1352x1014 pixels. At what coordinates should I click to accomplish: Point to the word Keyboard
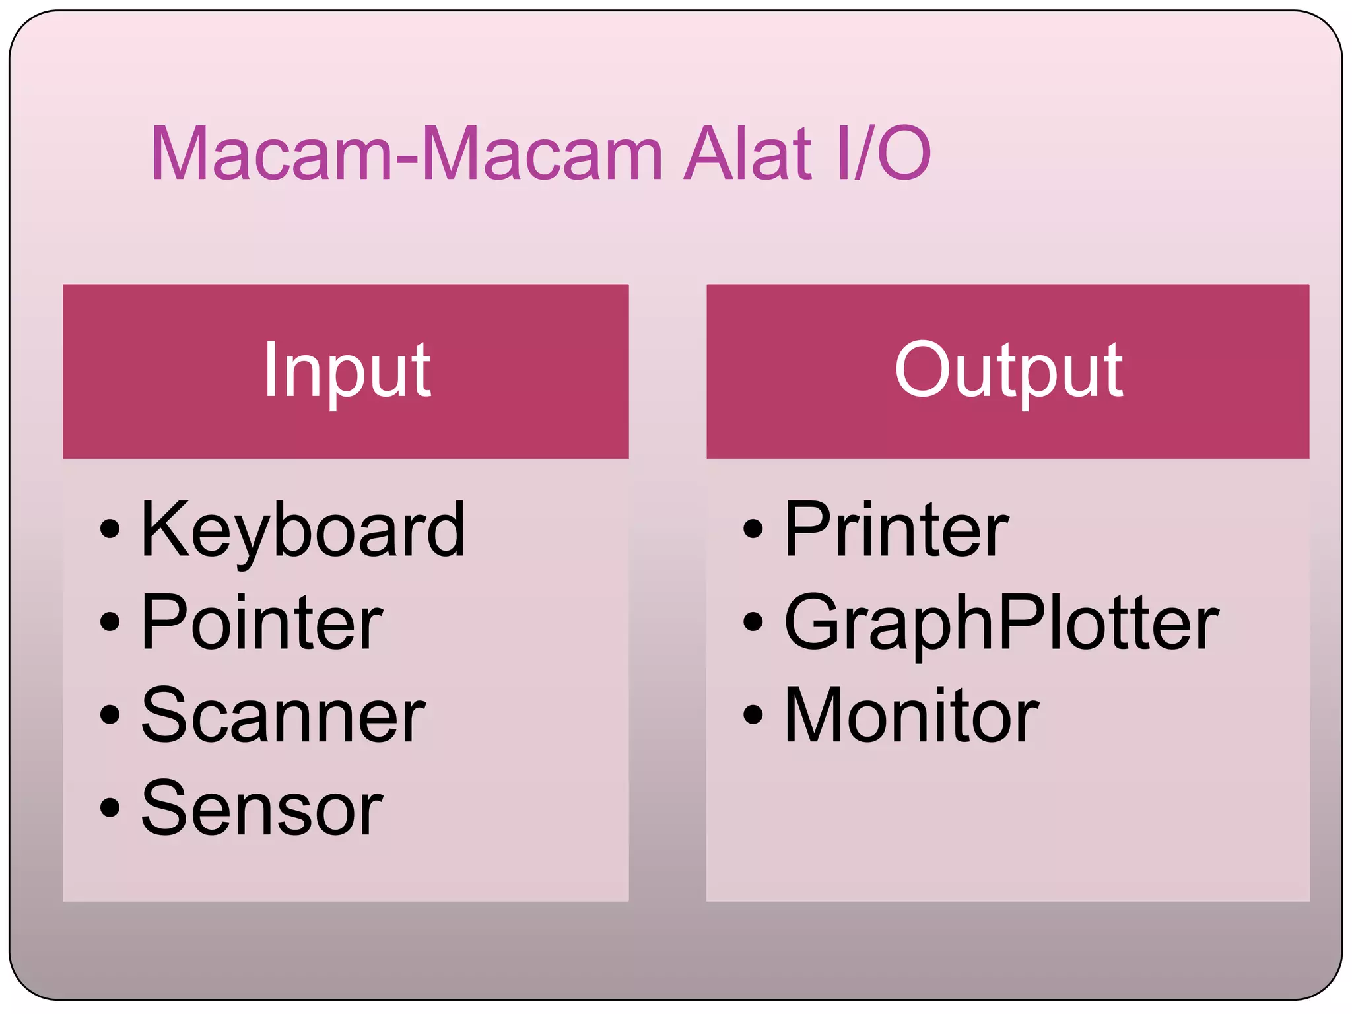coord(303,530)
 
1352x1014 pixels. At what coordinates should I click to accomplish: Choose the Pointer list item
coord(261,623)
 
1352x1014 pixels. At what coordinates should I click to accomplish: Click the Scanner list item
coord(283,716)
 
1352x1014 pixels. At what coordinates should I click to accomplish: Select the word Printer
coord(896,530)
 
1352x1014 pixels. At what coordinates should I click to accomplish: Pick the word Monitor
coord(911,716)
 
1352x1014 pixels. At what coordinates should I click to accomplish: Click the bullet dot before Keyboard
coord(110,529)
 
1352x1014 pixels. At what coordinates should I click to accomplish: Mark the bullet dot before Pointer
coord(110,622)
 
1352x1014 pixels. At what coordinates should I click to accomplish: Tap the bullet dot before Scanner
coord(110,714)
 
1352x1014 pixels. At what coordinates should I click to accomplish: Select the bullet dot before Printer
coord(753,529)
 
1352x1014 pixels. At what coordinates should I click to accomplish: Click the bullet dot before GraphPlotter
coord(753,622)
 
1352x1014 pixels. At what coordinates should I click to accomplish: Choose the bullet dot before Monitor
coord(753,714)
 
